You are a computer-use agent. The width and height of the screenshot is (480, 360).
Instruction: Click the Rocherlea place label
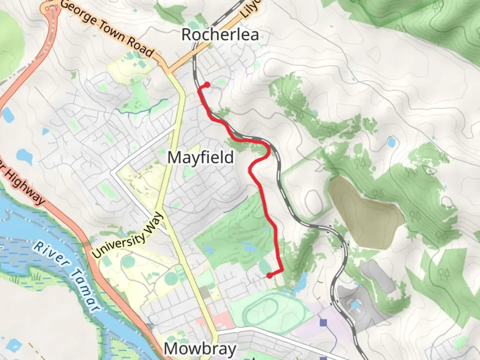tap(220, 35)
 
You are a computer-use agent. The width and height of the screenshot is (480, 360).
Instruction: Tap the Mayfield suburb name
tap(201, 157)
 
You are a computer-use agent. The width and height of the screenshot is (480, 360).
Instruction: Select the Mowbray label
tap(200, 349)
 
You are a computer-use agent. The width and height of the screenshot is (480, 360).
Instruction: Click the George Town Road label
tap(107, 28)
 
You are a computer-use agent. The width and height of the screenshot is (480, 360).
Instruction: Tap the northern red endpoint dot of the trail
tap(207, 85)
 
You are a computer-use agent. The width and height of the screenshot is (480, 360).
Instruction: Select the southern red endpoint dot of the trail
tap(269, 276)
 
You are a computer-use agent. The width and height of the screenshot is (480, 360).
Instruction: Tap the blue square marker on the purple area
tap(323, 323)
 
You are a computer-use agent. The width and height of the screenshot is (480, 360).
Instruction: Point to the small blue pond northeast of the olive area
tap(391, 142)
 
